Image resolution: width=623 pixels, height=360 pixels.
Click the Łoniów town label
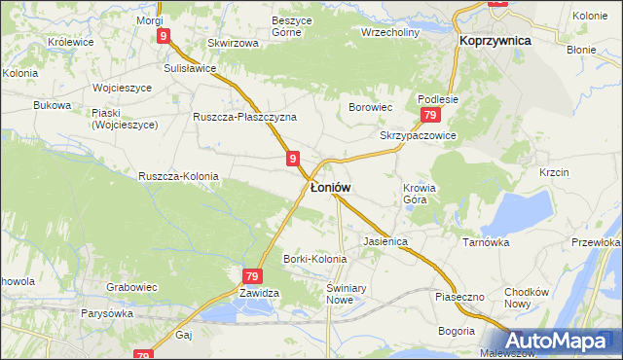[x=331, y=187]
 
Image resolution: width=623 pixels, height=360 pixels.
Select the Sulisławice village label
[x=190, y=69]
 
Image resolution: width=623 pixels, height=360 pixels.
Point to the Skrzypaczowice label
[x=419, y=136]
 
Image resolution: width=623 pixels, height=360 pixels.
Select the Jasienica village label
[x=384, y=240]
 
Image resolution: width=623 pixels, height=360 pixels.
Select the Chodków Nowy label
[x=530, y=298]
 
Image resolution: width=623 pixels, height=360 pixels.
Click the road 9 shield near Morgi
[x=164, y=36]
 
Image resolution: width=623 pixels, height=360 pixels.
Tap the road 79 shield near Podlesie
[x=429, y=115]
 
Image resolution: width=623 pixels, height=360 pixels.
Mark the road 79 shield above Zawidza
[x=251, y=276]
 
